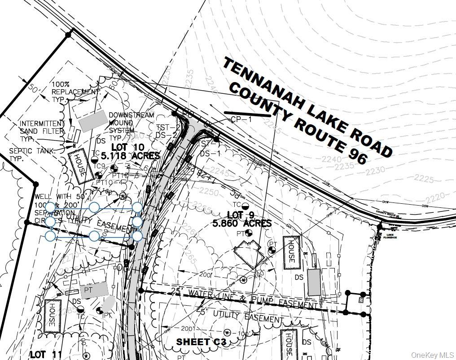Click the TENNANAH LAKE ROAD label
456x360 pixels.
(307, 107)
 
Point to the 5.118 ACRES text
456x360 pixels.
(130, 156)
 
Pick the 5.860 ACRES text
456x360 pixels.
(249, 223)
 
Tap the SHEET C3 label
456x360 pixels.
(200, 342)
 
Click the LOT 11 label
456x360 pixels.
(46, 355)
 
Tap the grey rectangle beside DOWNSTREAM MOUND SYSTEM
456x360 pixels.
(92, 121)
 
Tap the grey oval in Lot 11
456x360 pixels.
(108, 304)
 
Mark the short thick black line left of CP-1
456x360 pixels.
(247, 114)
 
